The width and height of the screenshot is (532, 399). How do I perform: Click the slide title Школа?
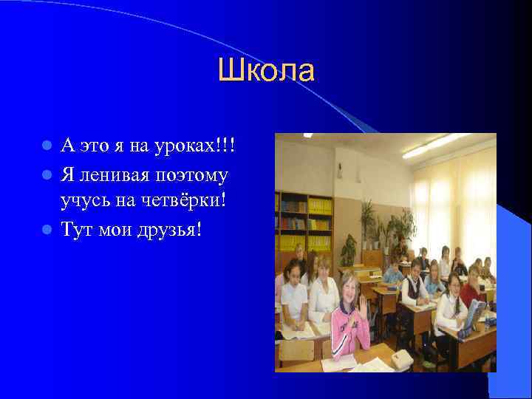click(x=266, y=71)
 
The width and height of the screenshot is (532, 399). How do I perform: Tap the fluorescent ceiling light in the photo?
click(x=436, y=145)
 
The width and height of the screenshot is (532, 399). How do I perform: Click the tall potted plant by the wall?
click(x=366, y=222)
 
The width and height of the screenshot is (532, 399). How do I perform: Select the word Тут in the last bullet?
click(x=77, y=229)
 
